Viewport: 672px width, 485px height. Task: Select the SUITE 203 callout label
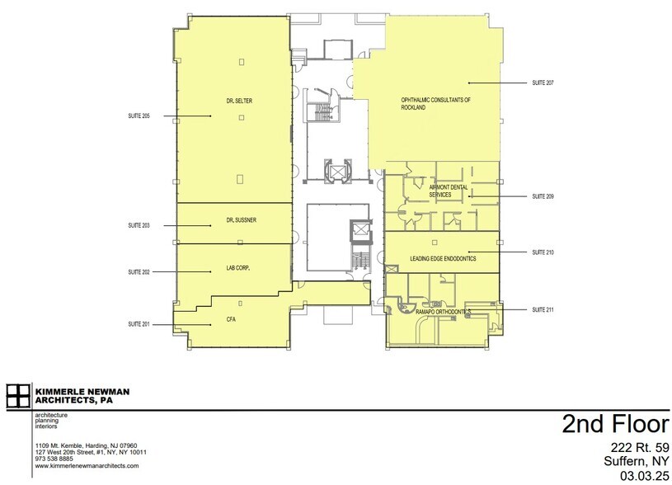pyautogui.click(x=139, y=225)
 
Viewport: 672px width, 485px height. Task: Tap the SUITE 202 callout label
pyautogui.click(x=139, y=271)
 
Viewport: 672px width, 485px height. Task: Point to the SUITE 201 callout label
pyautogui.click(x=139, y=324)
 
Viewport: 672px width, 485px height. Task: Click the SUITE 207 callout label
pyautogui.click(x=543, y=83)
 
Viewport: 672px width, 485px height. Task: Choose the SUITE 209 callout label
pyautogui.click(x=543, y=196)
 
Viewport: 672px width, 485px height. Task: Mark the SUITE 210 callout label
pyautogui.click(x=543, y=252)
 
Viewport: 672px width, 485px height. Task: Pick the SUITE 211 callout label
pyautogui.click(x=543, y=309)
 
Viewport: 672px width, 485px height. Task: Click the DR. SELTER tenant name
pyautogui.click(x=239, y=101)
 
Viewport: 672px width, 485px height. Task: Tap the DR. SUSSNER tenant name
pyautogui.click(x=239, y=220)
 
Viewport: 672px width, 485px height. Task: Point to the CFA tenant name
pyautogui.click(x=232, y=318)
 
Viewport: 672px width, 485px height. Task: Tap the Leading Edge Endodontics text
pyautogui.click(x=443, y=259)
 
